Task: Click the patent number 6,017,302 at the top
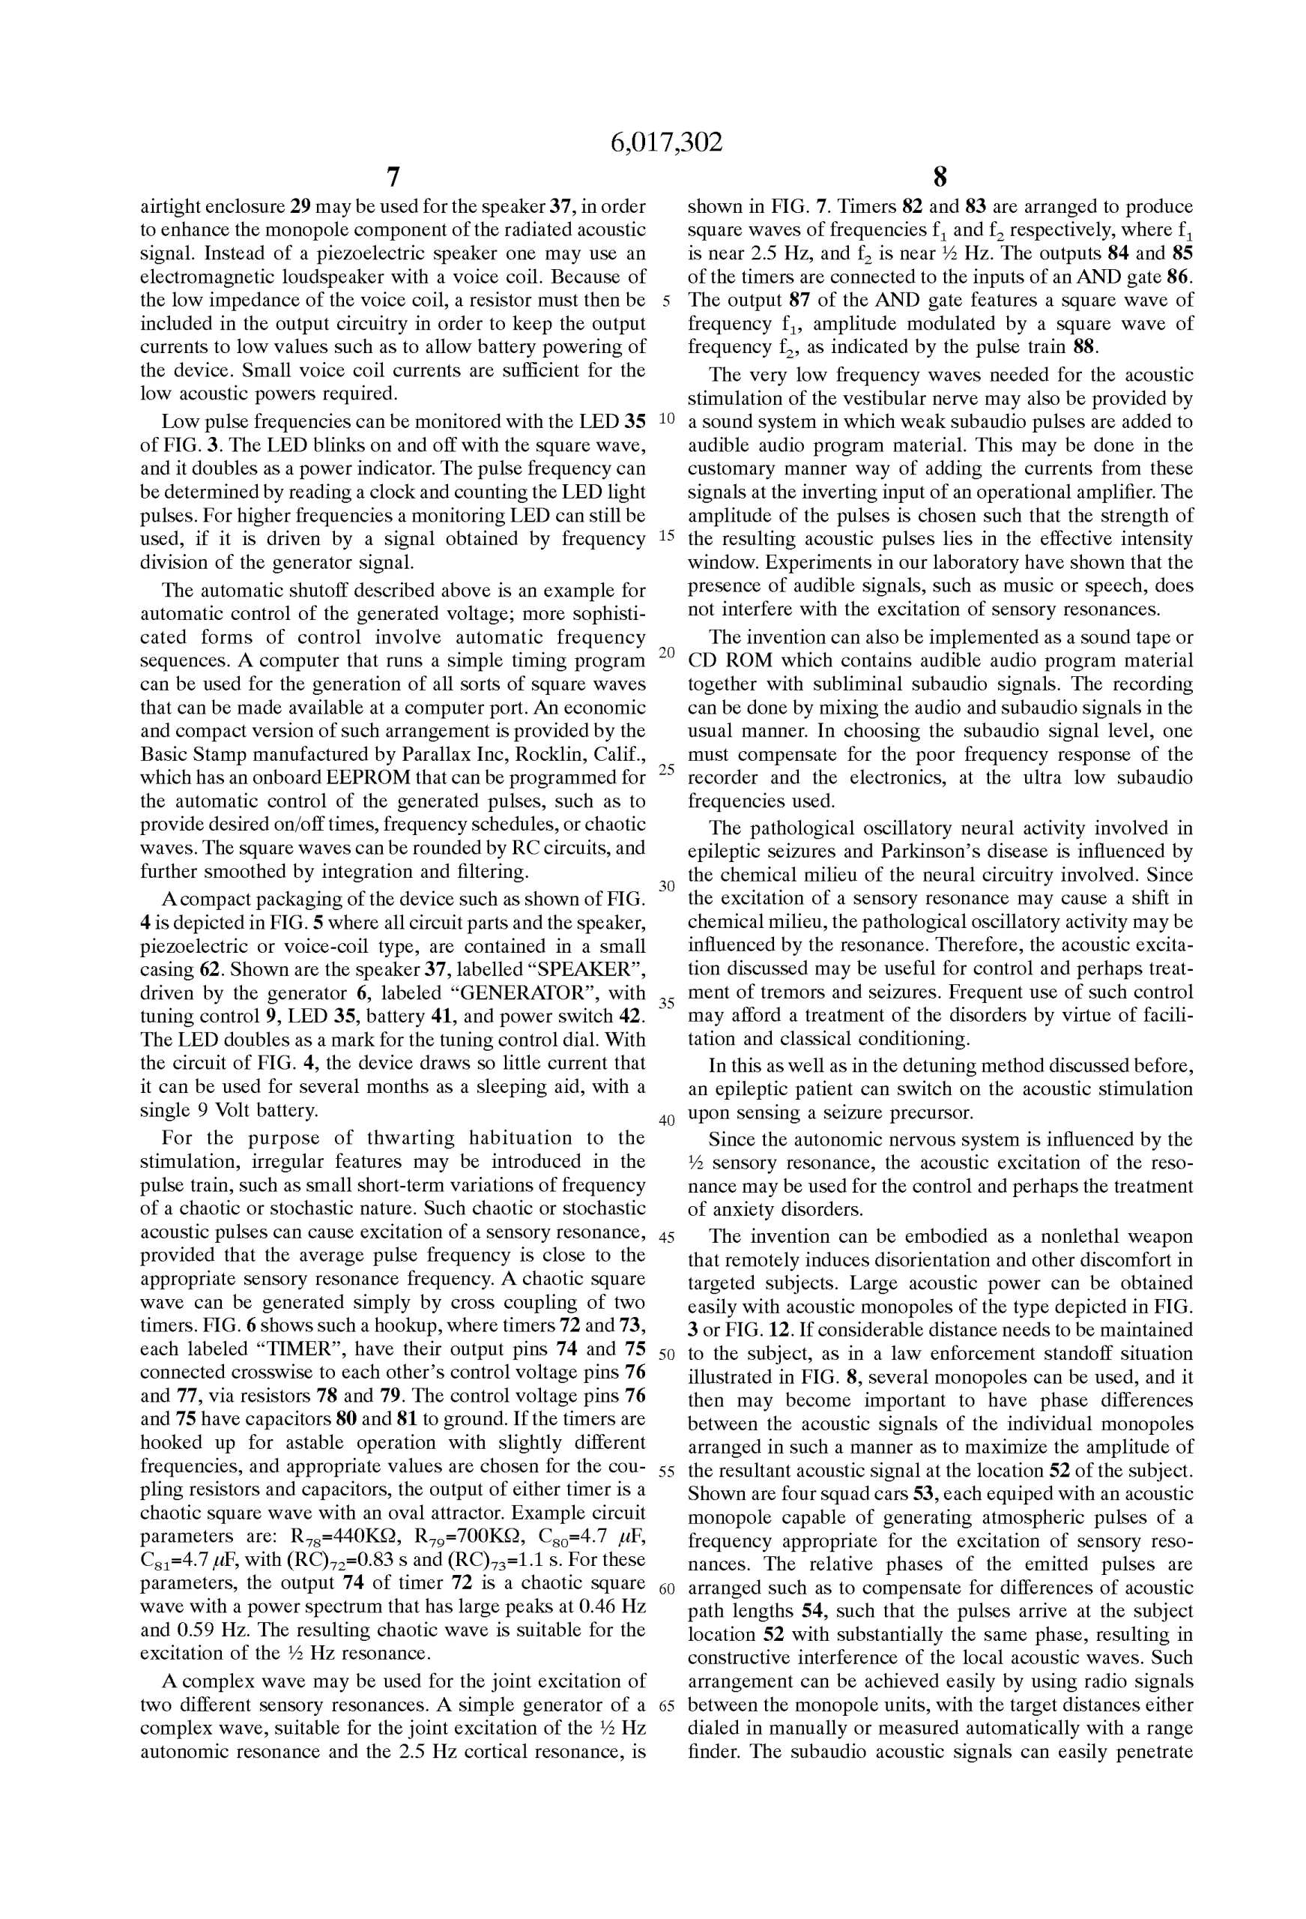[x=666, y=143]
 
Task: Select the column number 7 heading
[x=393, y=177]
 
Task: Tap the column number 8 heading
[x=940, y=177]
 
